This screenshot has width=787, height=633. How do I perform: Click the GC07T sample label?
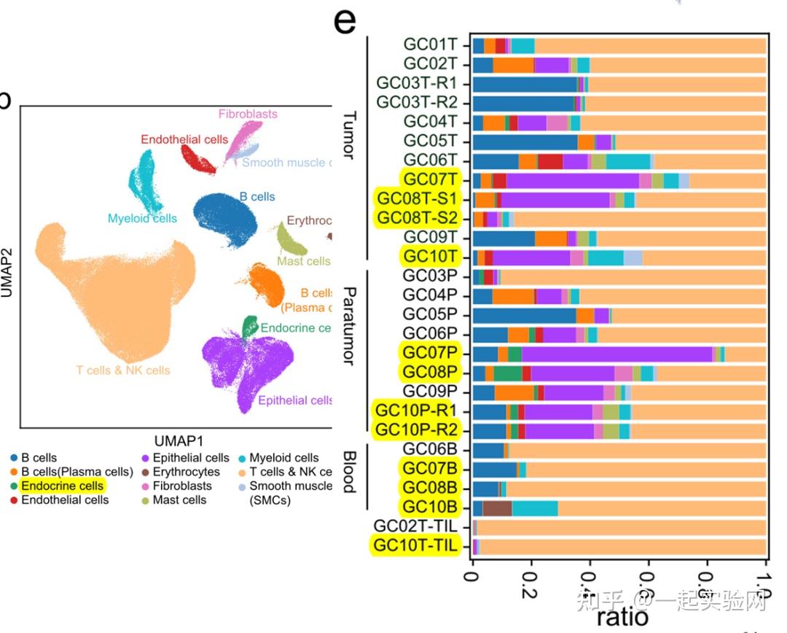coord(430,179)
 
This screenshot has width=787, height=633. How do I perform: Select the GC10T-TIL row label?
coord(416,545)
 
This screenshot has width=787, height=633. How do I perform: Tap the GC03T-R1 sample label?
coord(417,83)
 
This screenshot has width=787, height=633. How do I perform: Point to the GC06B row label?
coord(430,449)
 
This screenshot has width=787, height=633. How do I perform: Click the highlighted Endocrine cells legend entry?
coord(62,486)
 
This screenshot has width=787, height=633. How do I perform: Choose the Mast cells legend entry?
coord(179,500)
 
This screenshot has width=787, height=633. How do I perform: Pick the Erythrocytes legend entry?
coord(186,472)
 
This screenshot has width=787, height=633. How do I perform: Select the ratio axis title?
coord(622,617)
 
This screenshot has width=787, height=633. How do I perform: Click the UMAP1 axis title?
coord(179,441)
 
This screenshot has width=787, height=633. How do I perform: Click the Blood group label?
coord(349,471)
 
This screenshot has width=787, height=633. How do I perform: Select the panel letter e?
coord(345,22)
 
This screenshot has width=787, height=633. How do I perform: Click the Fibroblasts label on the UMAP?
coord(248,114)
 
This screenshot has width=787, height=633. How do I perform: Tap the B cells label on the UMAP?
coord(257,197)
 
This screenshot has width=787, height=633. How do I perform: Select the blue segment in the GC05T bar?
coord(525,141)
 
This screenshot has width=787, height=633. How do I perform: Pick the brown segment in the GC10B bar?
coord(497,508)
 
